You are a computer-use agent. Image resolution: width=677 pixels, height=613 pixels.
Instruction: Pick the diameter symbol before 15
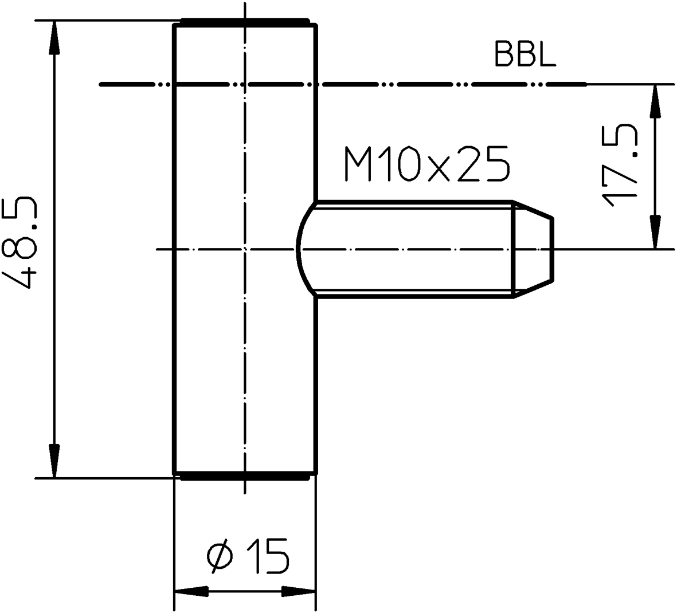(x=221, y=556)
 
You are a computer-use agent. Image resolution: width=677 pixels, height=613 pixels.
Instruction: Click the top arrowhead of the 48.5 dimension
(x=53, y=38)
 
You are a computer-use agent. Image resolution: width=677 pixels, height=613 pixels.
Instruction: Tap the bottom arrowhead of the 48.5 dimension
(x=53, y=461)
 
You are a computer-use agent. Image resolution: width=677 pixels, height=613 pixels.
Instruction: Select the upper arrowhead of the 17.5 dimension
(x=656, y=101)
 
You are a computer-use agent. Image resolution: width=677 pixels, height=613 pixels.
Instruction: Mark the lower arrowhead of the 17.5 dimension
(x=656, y=232)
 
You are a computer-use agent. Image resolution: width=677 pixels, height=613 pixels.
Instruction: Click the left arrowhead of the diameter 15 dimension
(x=191, y=591)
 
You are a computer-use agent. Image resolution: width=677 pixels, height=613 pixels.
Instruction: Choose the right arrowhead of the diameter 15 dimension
(x=299, y=591)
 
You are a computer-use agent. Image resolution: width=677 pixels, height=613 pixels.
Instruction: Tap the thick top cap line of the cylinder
(x=245, y=20)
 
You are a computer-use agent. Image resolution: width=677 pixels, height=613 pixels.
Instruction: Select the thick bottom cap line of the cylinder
(x=245, y=478)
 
